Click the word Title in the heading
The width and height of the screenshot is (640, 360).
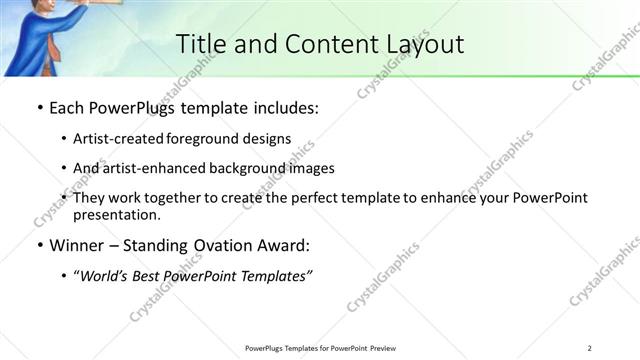tap(200, 44)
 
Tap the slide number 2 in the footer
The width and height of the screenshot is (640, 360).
tap(590, 347)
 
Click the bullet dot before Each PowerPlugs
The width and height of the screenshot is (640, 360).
tap(38, 107)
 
